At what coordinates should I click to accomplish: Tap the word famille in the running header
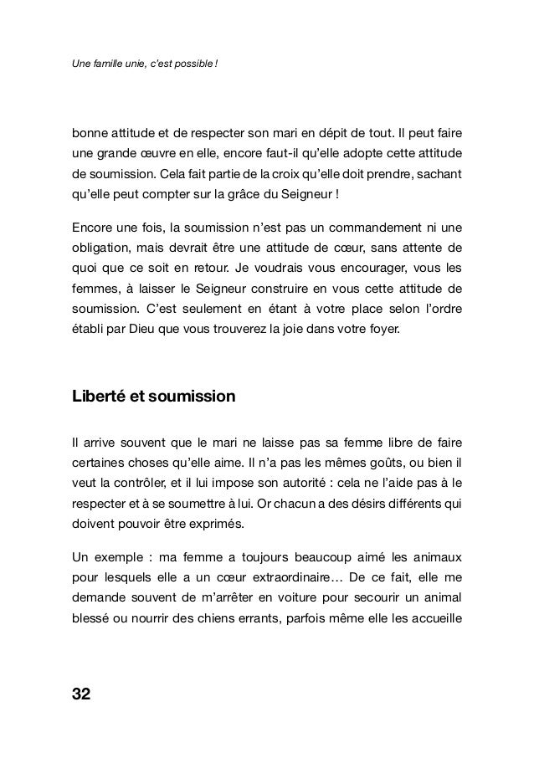(108, 66)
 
